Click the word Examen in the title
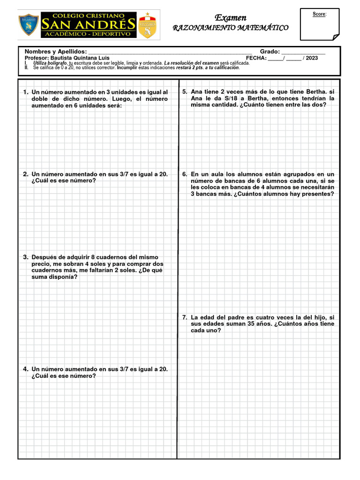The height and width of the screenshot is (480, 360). click(230, 18)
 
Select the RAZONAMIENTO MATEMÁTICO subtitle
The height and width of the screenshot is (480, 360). click(231, 28)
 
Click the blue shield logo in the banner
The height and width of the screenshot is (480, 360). click(29, 25)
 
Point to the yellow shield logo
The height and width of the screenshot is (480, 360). click(148, 26)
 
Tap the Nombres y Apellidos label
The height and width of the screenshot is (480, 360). click(55, 51)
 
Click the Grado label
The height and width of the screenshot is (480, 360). click(270, 51)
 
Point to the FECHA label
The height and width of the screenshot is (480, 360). click(256, 58)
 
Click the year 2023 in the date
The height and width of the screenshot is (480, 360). click(312, 58)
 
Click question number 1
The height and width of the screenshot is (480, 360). click(26, 92)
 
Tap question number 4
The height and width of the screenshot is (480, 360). click(26, 369)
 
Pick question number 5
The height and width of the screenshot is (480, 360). click(185, 92)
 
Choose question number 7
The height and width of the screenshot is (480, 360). click(185, 317)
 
